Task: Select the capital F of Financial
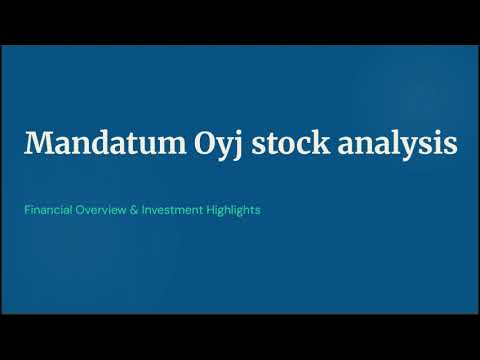[x=29, y=211]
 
